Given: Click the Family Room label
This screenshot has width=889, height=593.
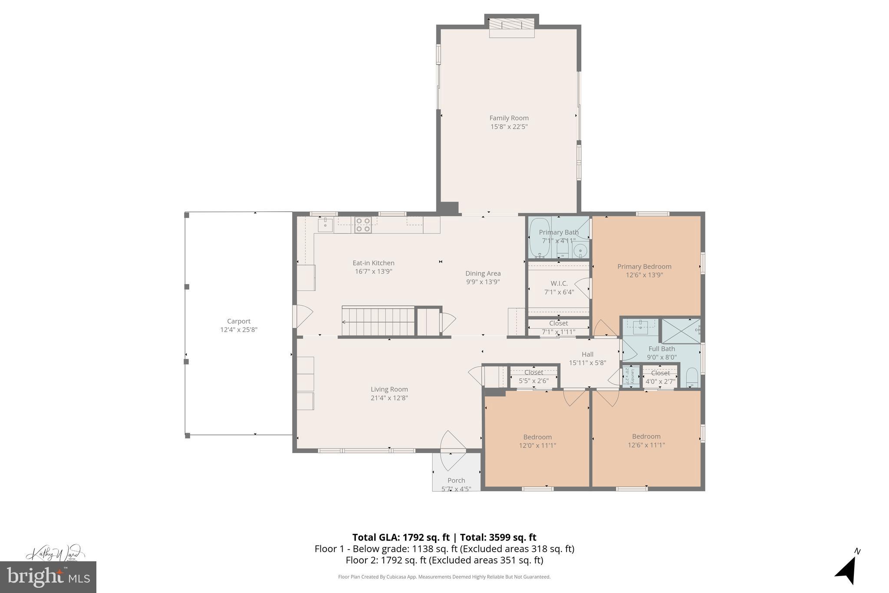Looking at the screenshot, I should (x=509, y=118).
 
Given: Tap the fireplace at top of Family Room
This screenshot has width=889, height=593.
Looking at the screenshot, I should (x=511, y=24).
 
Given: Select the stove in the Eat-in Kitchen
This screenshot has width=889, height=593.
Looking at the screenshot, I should (x=363, y=225).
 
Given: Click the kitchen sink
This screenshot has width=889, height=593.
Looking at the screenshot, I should (x=325, y=225).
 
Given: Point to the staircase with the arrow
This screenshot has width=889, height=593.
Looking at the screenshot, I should (x=378, y=321).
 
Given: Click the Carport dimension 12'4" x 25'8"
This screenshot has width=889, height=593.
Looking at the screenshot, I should (x=239, y=330).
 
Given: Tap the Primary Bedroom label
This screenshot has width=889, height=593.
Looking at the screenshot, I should (x=644, y=266).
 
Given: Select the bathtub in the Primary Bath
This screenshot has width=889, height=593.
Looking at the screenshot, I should (x=540, y=239).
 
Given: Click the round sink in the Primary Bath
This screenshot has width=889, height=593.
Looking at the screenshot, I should (x=579, y=250).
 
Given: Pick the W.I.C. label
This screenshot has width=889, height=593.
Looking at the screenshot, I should (x=559, y=283).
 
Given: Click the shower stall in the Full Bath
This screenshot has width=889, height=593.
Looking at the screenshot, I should (x=680, y=331).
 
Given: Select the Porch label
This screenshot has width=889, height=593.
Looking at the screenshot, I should (x=456, y=480).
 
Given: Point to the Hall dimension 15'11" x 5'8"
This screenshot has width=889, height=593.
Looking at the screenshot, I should (x=587, y=363).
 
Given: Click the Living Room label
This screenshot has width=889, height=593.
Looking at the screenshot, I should (x=389, y=389).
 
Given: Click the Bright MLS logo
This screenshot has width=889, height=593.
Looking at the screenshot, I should (x=48, y=577).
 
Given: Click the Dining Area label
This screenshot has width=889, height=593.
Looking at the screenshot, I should (x=483, y=273).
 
